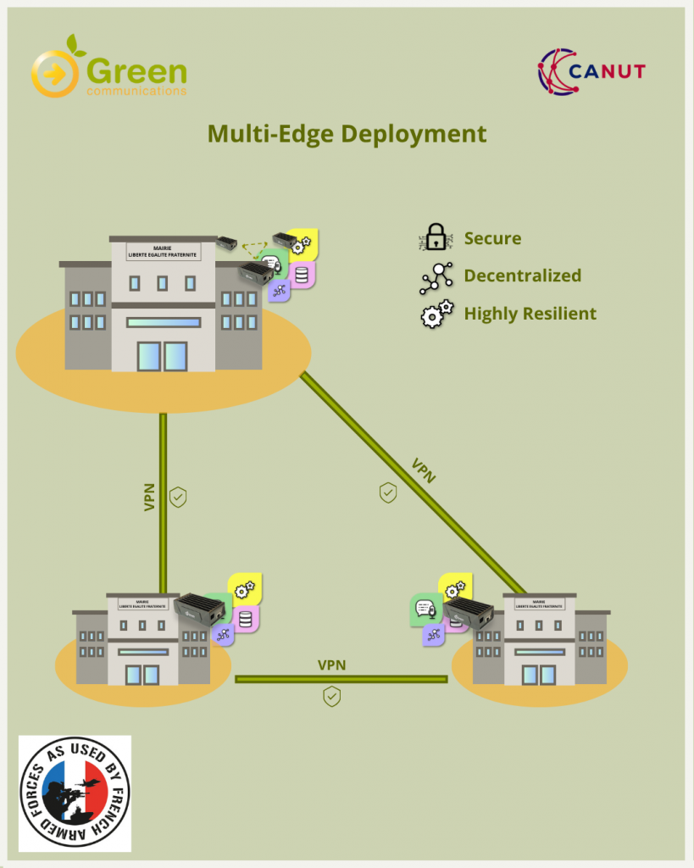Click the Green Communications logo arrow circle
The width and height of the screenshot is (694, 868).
pos(54,75)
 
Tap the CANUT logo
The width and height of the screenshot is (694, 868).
pos(591,70)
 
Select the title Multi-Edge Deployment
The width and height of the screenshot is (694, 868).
pos(347,134)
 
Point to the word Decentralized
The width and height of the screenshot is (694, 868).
pos(523,275)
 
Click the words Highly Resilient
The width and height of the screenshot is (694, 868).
pos(530,314)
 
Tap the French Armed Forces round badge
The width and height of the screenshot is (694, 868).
pos(75,792)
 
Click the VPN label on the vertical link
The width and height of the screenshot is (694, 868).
pos(149,497)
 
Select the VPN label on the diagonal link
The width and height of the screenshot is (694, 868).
pos(423,470)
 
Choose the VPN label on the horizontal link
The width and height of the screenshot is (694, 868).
pos(331,665)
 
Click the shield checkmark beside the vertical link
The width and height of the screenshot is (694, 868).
pos(178,497)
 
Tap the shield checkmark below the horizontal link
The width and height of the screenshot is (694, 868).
pos(332,697)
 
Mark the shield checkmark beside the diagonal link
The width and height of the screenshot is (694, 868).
pos(388,492)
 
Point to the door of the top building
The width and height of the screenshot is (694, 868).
pos(162,355)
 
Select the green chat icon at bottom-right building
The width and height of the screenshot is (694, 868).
pos(424,609)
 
